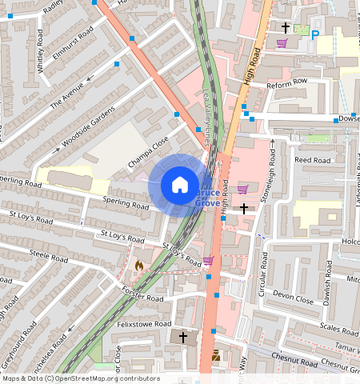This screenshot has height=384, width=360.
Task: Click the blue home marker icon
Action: coord(180,185)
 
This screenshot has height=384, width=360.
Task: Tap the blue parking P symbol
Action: coord(315,34)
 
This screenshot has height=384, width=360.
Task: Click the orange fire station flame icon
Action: coord(139,263)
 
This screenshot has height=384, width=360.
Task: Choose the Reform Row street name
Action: coord(287,82)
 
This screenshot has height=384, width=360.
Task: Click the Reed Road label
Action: coord(313,160)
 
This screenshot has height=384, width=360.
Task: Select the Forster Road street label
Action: coord(141,295)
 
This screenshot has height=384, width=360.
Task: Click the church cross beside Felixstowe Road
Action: coord(182,338)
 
